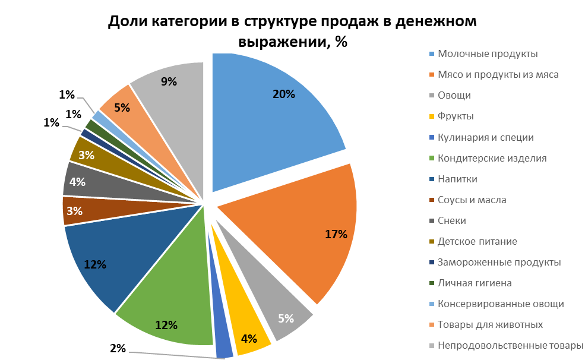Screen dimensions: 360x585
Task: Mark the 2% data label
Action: click(118, 348)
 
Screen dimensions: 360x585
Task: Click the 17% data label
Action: click(336, 234)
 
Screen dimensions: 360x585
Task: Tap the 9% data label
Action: click(169, 82)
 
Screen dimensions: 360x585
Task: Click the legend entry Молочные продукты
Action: click(488, 54)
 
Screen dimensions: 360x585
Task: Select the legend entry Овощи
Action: click(454, 96)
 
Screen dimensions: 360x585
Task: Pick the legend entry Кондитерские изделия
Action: click(492, 158)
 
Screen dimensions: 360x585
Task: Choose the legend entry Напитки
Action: click(457, 179)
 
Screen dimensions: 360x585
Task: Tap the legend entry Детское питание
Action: click(477, 241)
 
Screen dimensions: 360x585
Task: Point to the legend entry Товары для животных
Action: click(490, 325)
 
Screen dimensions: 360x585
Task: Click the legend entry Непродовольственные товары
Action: click(510, 346)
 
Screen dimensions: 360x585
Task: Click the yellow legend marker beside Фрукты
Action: click(432, 117)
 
